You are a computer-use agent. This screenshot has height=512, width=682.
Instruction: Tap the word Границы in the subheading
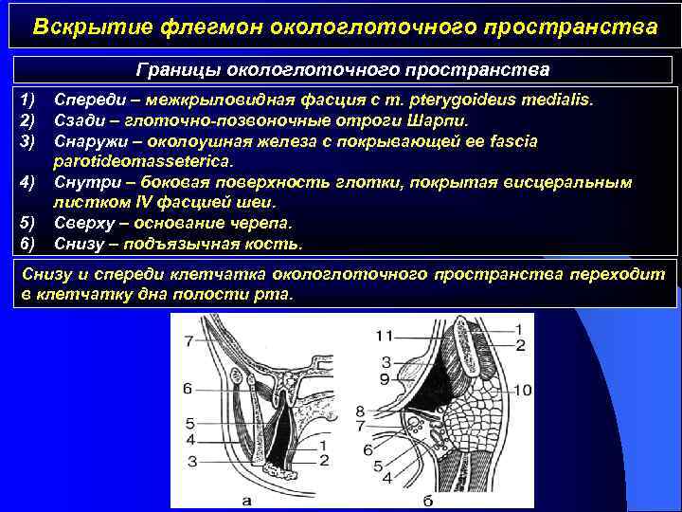point(176,71)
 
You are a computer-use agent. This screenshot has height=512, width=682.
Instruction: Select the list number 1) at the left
point(26,100)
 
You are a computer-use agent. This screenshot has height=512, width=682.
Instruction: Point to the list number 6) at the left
point(26,244)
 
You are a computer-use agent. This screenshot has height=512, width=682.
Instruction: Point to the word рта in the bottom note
point(280,295)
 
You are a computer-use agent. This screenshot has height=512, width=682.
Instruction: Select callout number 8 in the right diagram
point(359,411)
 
